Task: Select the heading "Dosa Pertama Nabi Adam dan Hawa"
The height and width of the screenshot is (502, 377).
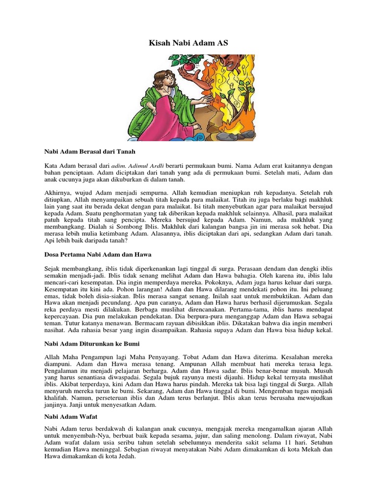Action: point(98,255)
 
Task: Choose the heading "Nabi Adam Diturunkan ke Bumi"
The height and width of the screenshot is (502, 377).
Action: point(92,344)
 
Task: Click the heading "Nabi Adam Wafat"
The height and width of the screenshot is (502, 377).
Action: point(71,416)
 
